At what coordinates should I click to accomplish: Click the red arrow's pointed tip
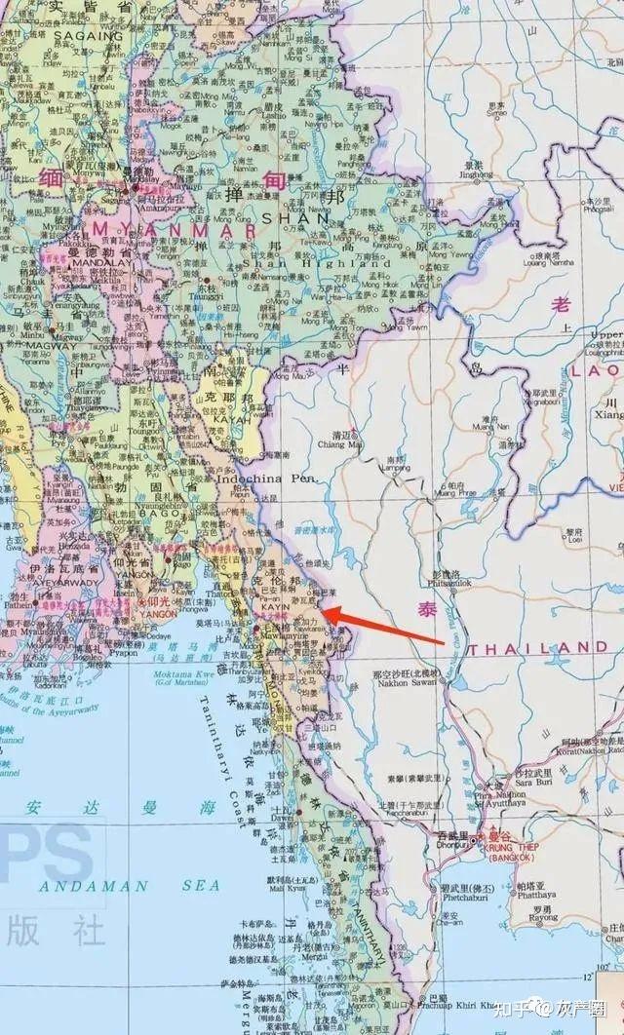coord(323,612)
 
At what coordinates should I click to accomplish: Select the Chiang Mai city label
coord(338,444)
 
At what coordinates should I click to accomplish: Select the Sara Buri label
coord(500,782)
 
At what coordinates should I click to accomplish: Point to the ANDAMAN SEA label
coord(93,887)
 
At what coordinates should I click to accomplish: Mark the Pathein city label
coord(19,604)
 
